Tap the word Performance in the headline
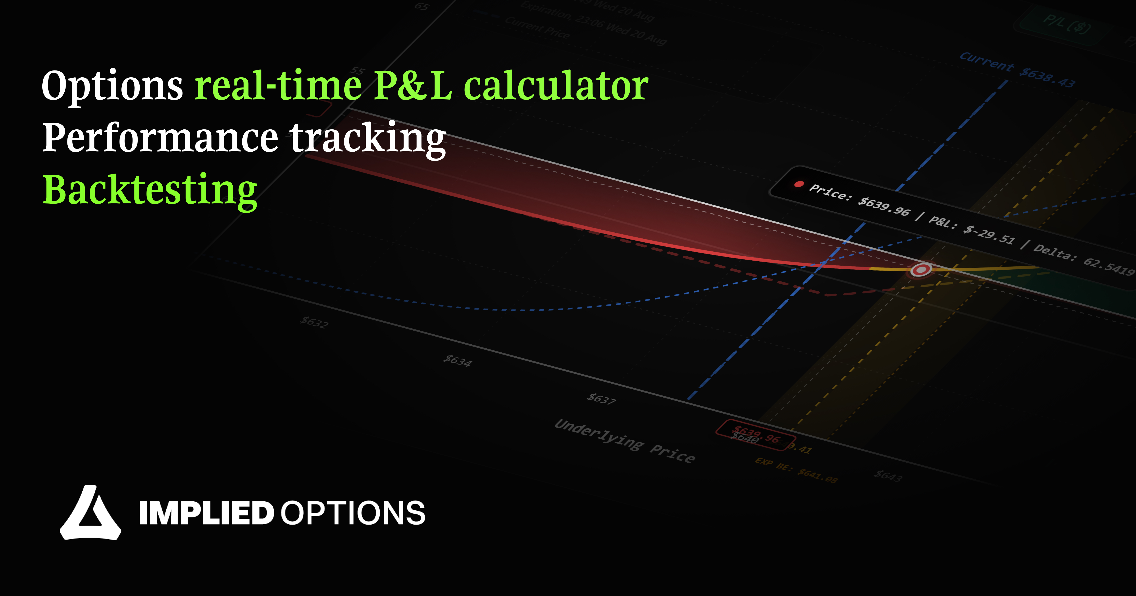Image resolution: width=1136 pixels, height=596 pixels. pos(160,138)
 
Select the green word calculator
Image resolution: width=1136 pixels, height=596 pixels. pos(556,86)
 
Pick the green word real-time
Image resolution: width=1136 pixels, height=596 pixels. pos(278,86)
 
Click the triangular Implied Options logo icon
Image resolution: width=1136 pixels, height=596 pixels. pos(90,513)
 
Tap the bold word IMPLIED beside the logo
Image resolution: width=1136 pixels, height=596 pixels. pos(206,513)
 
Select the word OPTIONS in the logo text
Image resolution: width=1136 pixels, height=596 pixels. pos(353,513)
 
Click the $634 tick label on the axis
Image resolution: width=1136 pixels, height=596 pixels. pos(457,361)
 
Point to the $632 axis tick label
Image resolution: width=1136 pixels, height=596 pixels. pos(314,322)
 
